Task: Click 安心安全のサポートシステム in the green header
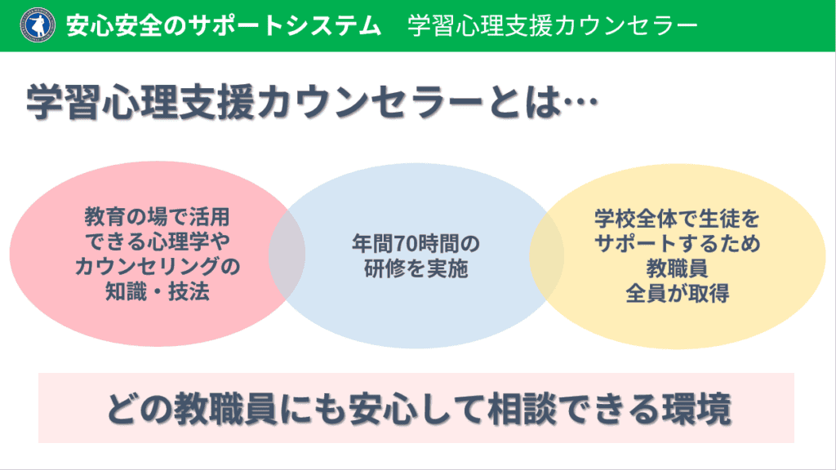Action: point(224,26)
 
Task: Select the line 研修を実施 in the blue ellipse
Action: point(416,268)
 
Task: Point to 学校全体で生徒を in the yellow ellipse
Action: point(677,219)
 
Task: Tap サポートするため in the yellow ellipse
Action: point(677,243)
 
